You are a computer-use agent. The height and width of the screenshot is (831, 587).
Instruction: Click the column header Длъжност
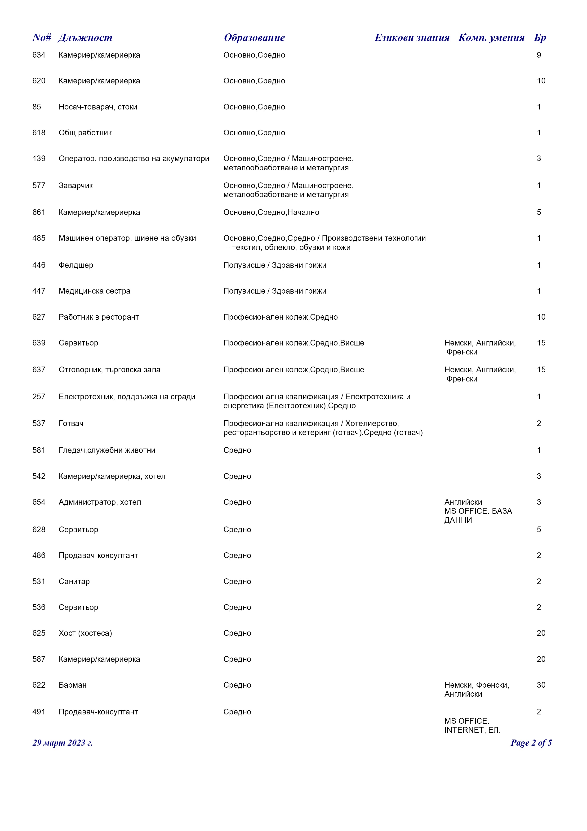pyautogui.click(x=85, y=38)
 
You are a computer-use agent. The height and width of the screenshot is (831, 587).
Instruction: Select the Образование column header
pyautogui.click(x=254, y=38)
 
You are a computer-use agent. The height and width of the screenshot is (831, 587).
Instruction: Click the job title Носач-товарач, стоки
pyautogui.click(x=98, y=107)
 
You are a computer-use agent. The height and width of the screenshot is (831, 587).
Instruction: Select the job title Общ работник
pyautogui.click(x=85, y=133)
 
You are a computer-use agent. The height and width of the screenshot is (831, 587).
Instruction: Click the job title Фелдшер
pyautogui.click(x=76, y=265)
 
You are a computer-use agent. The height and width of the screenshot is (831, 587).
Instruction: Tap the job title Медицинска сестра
pyautogui.click(x=94, y=291)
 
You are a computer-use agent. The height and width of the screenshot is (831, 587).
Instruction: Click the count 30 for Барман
pyautogui.click(x=541, y=685)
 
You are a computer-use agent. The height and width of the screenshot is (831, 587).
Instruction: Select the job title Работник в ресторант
pyautogui.click(x=99, y=317)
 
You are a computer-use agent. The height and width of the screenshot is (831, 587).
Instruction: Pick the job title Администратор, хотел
pyautogui.click(x=100, y=502)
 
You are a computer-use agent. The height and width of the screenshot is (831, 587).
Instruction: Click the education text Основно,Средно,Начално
pyautogui.click(x=271, y=213)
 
